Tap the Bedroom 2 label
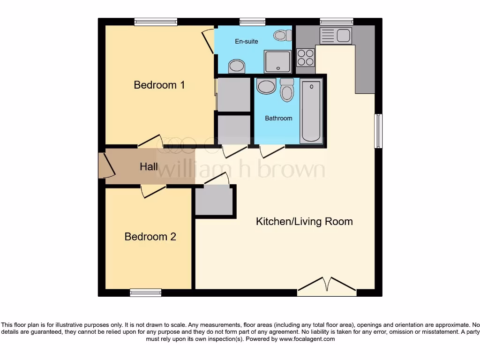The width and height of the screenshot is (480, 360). [150, 237]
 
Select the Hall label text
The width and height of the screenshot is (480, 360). [149, 166]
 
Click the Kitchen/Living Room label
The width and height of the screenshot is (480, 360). [304, 221]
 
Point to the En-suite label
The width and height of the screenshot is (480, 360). [247, 41]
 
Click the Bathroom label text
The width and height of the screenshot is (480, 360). [278, 118]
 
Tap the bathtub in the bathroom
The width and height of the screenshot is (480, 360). [311, 112]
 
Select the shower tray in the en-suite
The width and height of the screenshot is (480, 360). [277, 61]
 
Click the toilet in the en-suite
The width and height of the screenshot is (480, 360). [281, 35]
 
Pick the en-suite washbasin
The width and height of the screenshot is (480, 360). [236, 67]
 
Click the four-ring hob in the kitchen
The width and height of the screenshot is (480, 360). [306, 58]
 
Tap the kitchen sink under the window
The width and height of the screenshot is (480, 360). [336, 35]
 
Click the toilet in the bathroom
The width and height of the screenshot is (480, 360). [287, 89]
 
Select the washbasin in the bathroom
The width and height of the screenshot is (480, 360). [267, 87]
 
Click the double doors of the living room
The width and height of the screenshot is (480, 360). [327, 286]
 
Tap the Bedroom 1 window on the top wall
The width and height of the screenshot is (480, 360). [155, 22]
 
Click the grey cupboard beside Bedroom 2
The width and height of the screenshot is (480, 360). [214, 201]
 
